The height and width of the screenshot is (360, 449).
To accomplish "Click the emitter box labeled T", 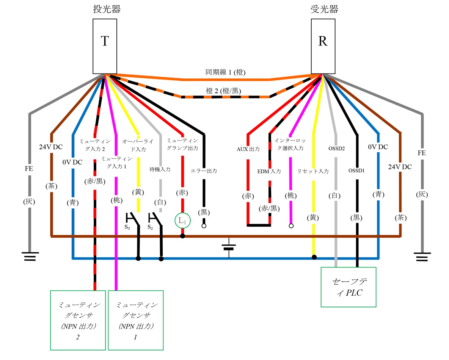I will pos(105,46).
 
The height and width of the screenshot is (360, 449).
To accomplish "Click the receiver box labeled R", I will pos(323,46).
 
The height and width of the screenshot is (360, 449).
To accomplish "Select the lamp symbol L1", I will pos(182,220).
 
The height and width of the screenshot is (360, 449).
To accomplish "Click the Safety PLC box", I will pos(348,287).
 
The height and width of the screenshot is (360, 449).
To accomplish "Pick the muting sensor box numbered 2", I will pos(78,320).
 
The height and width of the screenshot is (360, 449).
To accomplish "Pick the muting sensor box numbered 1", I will pos(135,320).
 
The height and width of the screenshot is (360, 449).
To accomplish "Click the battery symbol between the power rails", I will pos(229,247).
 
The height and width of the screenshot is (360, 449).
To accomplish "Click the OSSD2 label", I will pos(336,149).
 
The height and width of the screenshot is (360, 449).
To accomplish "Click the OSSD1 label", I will pos(356,171).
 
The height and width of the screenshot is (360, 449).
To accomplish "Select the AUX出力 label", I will pos(248,149).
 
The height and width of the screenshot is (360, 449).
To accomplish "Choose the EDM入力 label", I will pos(269,171).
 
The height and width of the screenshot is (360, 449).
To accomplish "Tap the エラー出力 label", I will pos(204,171).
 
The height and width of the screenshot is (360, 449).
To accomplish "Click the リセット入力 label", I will pos(313,171).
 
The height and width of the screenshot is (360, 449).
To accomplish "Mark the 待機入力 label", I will pos(160,169).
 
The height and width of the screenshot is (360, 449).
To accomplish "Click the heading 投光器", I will pos(107,9).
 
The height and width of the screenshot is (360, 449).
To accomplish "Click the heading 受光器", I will pos(324,9).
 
